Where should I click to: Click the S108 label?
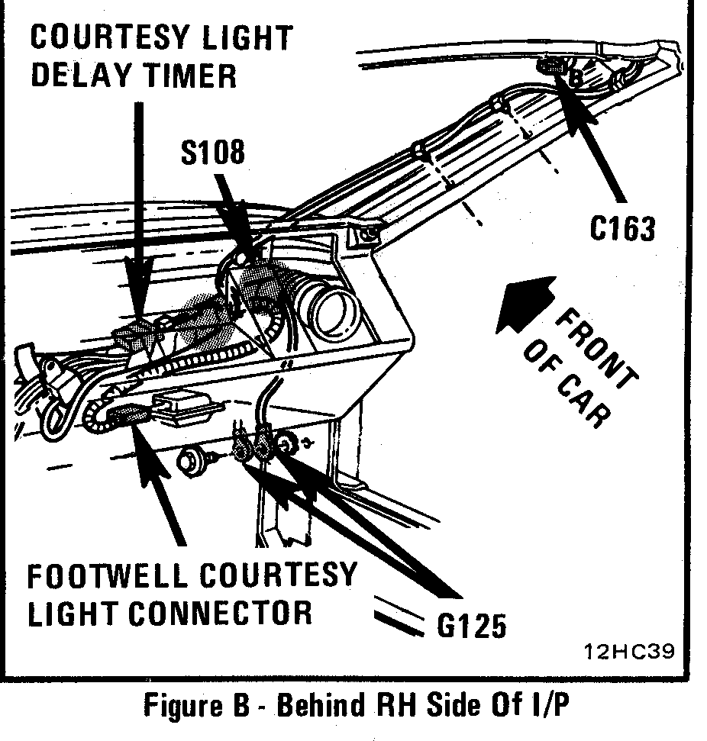213,152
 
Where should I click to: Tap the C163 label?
622,227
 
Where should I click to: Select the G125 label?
471,626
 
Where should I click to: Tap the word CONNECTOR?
222,613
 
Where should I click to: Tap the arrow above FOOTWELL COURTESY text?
162,488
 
